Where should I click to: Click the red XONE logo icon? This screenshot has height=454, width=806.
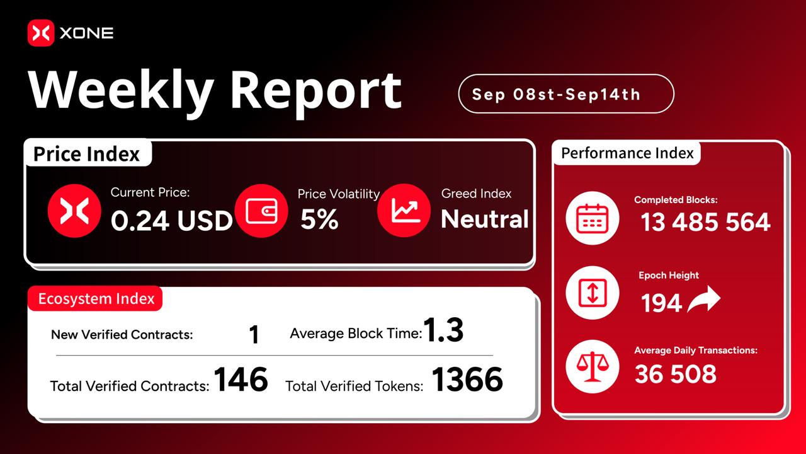coord(41,33)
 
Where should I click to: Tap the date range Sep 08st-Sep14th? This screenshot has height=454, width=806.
coord(556,95)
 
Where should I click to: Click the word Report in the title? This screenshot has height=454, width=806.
coord(315,91)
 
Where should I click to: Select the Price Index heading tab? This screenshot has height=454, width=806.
coord(87,154)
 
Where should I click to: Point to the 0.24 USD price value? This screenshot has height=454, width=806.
coord(172,220)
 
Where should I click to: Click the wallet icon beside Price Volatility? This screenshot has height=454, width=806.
coord(261,211)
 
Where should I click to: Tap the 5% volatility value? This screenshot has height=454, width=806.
coord(319,219)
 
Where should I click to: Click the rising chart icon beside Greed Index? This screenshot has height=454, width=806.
coord(404,211)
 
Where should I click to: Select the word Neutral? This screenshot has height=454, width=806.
coord(485,219)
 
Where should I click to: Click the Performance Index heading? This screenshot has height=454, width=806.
coord(627,153)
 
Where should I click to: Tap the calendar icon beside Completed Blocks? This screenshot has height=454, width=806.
coord(593,218)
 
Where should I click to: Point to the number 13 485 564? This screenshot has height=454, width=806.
coord(705,221)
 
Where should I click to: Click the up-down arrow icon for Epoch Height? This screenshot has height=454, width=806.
coord(593,293)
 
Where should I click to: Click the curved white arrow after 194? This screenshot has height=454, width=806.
coord(704,299)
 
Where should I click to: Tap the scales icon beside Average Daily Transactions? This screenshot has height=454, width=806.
coord(593,366)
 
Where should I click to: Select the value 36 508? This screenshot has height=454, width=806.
coord(676,374)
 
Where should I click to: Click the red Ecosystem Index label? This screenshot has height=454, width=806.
coord(95,299)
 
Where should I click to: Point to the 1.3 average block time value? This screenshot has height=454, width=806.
coord(443,330)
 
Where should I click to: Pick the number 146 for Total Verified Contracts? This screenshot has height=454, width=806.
coord(241,379)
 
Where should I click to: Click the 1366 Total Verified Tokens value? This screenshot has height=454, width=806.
coord(467,379)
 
